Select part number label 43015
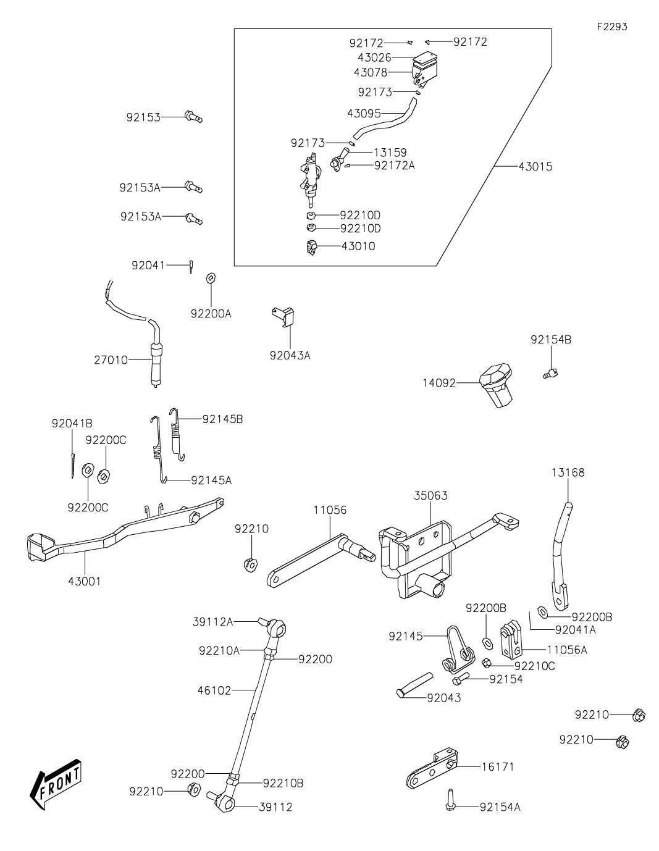pos(535,167)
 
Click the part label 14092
pos(439,383)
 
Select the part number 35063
pos(430,495)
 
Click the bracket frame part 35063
pos(420,559)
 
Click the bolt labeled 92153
pos(193,116)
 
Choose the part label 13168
pos(568,472)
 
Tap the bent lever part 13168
pos(558,550)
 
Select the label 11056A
pos(567,650)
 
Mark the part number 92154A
pos(500,807)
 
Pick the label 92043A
pos(290,355)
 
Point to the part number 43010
pos(358,246)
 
